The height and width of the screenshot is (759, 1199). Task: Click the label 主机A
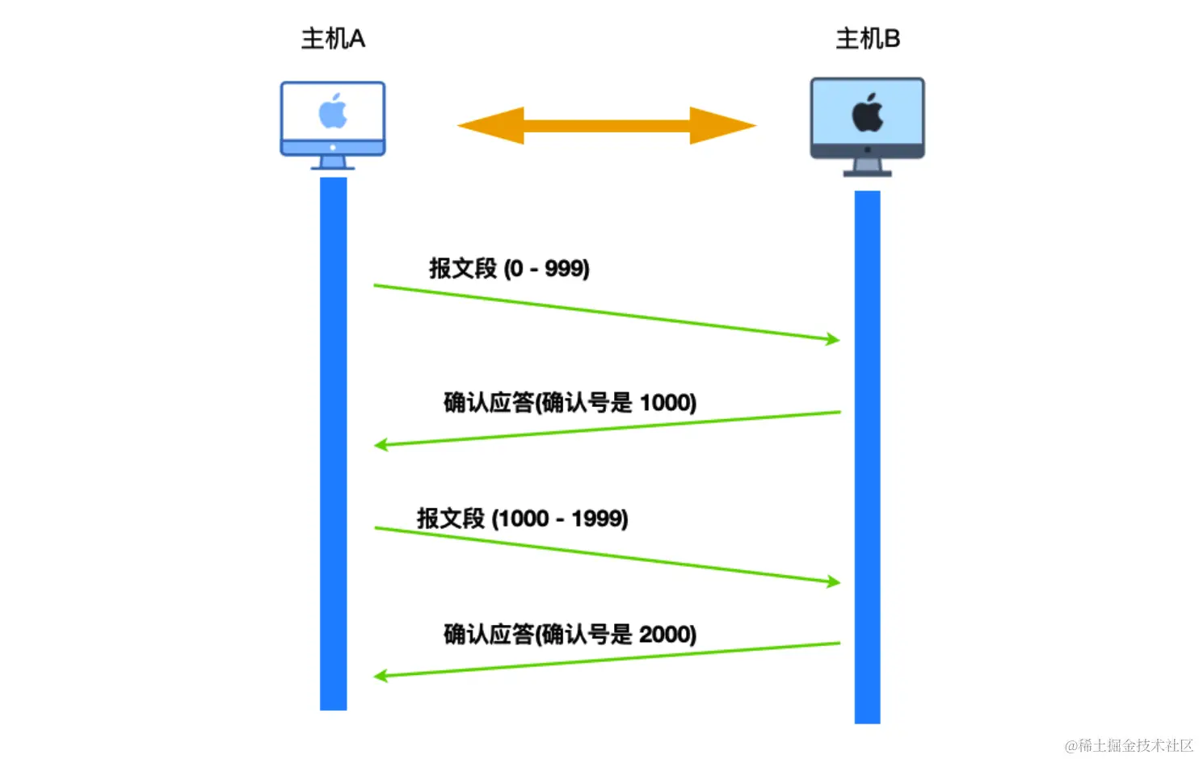pyautogui.click(x=333, y=39)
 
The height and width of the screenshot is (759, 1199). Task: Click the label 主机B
pyautogui.click(x=868, y=39)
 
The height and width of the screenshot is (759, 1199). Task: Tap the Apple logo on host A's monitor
pyautogui.click(x=333, y=111)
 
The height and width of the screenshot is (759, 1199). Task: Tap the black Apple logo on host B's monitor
pyautogui.click(x=868, y=112)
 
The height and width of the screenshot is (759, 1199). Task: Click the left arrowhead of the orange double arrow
pyautogui.click(x=489, y=126)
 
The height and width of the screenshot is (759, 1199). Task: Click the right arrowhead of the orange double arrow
pyautogui.click(x=723, y=126)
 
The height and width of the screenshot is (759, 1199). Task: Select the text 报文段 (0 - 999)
pyautogui.click(x=509, y=268)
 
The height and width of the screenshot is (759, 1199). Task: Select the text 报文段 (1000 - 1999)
pyautogui.click(x=522, y=518)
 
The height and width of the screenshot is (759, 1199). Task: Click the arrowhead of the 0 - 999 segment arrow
pyautogui.click(x=833, y=339)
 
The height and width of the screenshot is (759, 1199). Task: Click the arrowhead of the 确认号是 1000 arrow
pyautogui.click(x=381, y=444)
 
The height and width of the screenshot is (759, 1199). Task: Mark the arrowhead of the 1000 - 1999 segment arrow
pyautogui.click(x=833, y=581)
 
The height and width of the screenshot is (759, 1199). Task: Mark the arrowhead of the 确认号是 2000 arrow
pyautogui.click(x=381, y=675)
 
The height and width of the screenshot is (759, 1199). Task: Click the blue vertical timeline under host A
pyautogui.click(x=334, y=444)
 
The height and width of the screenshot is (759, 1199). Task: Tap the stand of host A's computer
pyautogui.click(x=333, y=162)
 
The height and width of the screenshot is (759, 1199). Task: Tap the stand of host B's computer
pyautogui.click(x=868, y=167)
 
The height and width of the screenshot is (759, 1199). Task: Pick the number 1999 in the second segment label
pyautogui.click(x=599, y=518)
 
